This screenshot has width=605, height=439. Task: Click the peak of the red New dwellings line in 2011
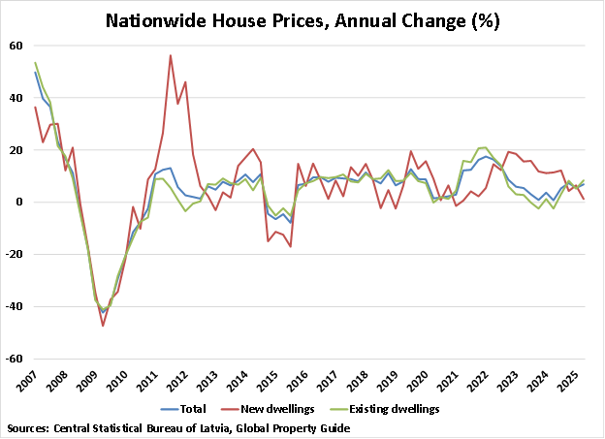171,55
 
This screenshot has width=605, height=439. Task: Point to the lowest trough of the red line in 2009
103,325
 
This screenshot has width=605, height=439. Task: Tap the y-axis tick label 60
17,46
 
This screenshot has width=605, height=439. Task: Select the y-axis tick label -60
16,359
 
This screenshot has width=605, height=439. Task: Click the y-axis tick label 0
20,203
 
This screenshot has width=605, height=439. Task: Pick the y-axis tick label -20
16,255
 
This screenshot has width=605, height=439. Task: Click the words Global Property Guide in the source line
290,427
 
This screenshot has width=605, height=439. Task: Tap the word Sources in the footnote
29,427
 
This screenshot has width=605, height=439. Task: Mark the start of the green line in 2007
35,63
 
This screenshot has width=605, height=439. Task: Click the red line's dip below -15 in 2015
290,246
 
